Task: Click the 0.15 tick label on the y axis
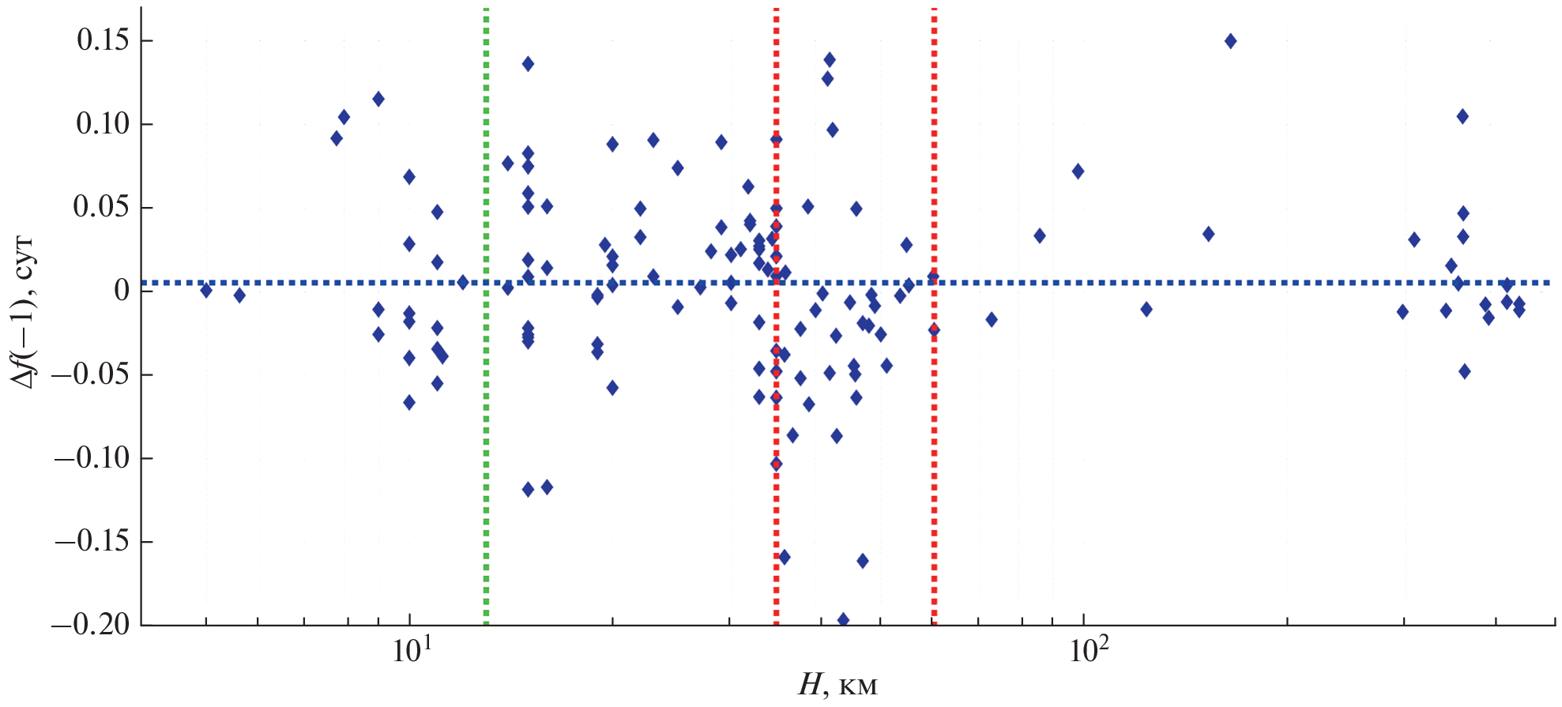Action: tap(103, 40)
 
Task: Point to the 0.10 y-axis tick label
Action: tap(103, 124)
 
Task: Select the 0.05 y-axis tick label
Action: tap(103, 208)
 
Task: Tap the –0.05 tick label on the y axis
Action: tap(91, 374)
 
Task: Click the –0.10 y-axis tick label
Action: tap(91, 458)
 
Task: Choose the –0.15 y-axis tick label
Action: tap(91, 542)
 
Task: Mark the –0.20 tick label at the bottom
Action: tap(91, 625)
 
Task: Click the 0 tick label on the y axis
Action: tap(122, 291)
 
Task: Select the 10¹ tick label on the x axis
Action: tap(411, 652)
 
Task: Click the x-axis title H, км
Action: tap(837, 685)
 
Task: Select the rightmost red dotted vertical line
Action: tap(934, 474)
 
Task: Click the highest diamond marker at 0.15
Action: tap(1230, 41)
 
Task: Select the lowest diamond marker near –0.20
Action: tap(843, 620)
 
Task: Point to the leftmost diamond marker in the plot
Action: tap(206, 290)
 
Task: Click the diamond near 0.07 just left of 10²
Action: tap(1078, 171)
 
